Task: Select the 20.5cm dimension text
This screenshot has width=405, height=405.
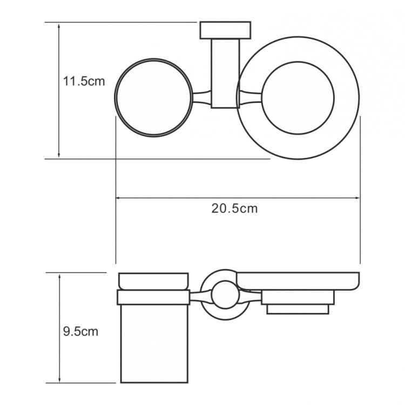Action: point(234,209)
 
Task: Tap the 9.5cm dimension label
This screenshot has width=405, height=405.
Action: point(80,331)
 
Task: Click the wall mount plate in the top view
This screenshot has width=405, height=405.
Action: point(225,31)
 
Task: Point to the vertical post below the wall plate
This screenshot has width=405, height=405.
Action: point(225,73)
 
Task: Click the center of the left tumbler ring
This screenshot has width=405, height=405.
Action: point(154,98)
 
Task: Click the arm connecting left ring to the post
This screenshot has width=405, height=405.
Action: point(201,97)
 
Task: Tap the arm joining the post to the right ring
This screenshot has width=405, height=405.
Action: point(249,97)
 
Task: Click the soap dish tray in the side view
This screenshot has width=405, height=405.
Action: point(298,280)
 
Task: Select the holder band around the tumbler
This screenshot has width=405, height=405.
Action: point(153,298)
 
